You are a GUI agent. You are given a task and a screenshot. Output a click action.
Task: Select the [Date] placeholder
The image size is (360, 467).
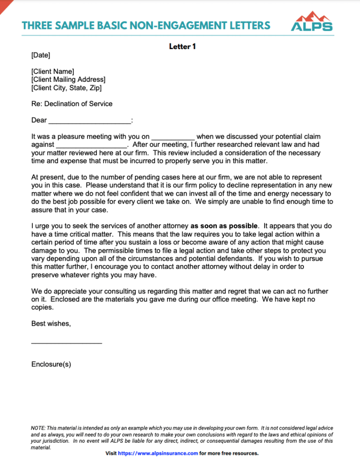(41, 56)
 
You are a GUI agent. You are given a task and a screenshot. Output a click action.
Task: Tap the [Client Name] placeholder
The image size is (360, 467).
(52, 71)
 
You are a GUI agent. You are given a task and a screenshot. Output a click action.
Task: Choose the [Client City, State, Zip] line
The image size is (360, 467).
(66, 88)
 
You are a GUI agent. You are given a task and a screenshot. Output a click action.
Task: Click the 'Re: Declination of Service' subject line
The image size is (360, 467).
(72, 104)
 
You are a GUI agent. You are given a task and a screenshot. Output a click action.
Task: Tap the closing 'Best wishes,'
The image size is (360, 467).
(51, 323)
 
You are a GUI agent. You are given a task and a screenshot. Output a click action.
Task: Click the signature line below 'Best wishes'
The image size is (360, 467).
(66, 343)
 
